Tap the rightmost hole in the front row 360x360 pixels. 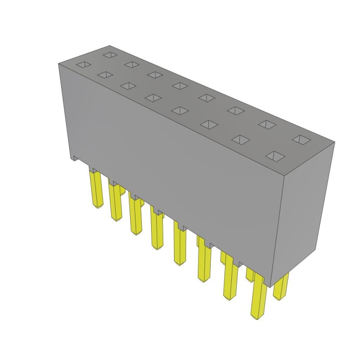[x=275, y=156]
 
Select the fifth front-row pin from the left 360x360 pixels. [x=180, y=245]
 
